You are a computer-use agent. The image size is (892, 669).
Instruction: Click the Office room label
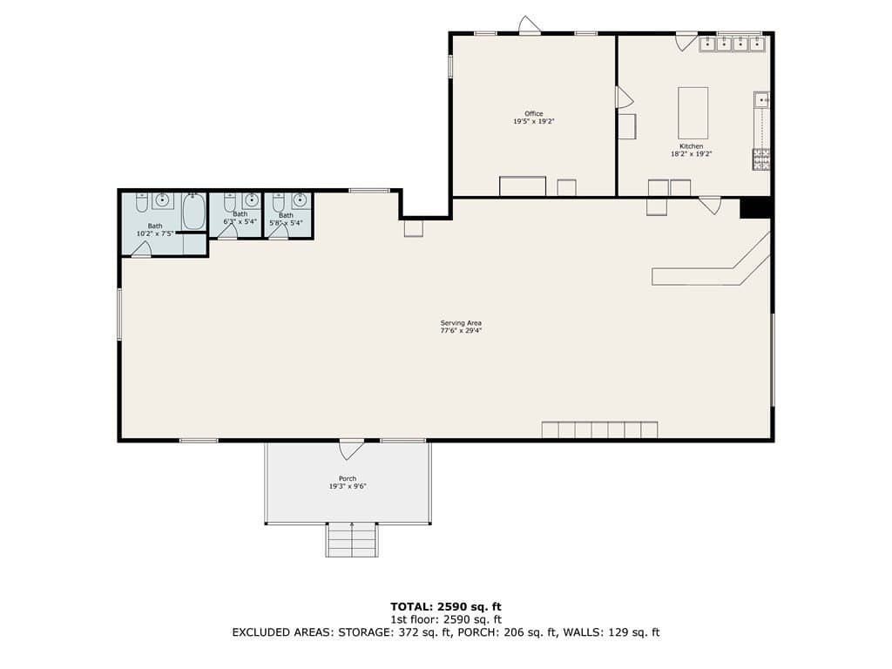(534, 114)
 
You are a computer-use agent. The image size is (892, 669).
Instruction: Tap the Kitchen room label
(691, 146)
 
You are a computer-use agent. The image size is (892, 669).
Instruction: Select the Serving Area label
(461, 323)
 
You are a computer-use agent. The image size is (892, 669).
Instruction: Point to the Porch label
(348, 479)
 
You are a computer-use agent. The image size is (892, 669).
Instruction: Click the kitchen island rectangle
(693, 113)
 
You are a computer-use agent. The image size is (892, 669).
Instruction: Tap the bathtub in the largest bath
(193, 211)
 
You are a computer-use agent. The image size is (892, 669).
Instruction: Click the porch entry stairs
(352, 540)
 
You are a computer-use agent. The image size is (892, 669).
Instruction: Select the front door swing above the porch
(351, 449)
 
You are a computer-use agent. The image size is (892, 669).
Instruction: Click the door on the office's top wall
(529, 24)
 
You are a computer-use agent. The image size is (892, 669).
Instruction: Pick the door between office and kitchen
(625, 98)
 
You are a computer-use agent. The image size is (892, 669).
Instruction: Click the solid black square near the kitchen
(755, 207)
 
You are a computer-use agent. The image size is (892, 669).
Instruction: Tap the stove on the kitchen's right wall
(761, 159)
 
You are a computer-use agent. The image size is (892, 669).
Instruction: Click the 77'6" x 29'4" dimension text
(461, 331)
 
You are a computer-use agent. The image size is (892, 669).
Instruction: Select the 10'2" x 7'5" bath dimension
(155, 233)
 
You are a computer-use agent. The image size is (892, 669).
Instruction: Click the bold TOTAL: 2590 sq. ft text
(446, 607)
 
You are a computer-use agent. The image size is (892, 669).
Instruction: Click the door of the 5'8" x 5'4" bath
(279, 232)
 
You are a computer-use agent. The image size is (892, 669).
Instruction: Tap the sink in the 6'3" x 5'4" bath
(252, 200)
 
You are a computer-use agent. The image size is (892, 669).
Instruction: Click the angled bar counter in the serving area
(711, 267)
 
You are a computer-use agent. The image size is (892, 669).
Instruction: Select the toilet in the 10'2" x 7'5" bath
(142, 202)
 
